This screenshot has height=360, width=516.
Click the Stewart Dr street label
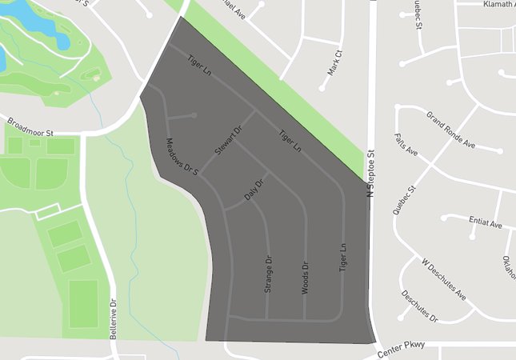click(228, 140)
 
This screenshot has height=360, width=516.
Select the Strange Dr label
click(268, 274)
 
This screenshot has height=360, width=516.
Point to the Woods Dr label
click(305, 278)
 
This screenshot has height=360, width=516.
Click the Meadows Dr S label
click(182, 157)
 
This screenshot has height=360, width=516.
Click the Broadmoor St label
click(30, 127)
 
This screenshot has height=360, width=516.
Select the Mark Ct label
click(334, 64)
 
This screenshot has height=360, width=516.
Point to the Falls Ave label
click(406, 145)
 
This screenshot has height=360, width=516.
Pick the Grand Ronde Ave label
click(450, 130)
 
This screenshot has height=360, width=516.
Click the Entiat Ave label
click(486, 223)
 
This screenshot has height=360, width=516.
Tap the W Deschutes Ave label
click(444, 278)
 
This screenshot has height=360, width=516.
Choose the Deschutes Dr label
click(420, 306)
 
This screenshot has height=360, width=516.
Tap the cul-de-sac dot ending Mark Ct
click(322, 87)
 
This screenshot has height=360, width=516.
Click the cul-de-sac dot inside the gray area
click(194, 115)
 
